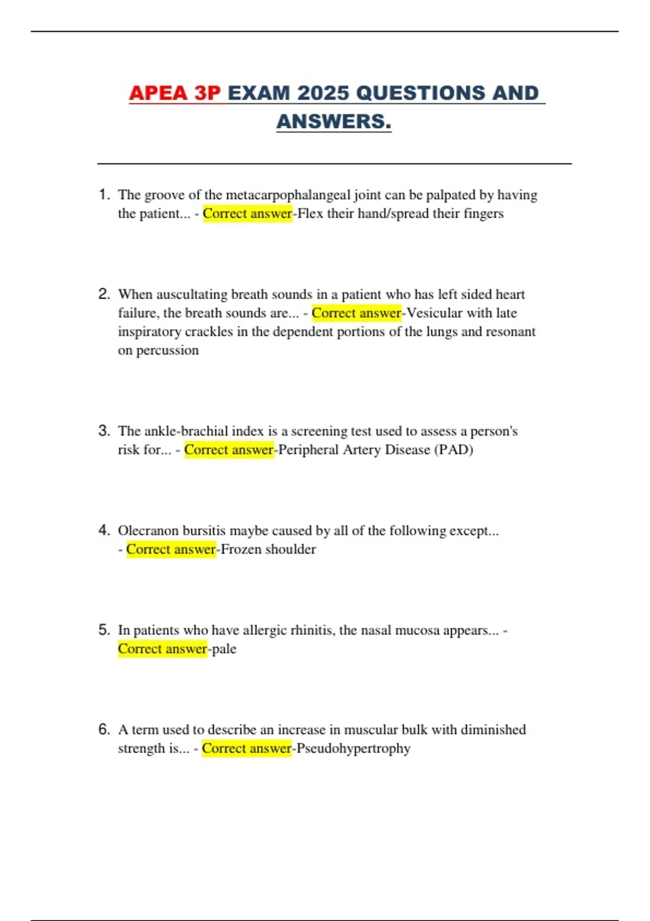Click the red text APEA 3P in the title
click(x=175, y=93)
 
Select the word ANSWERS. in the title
click(x=334, y=122)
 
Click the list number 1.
click(x=104, y=194)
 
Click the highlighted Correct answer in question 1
click(x=248, y=213)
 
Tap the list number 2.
click(x=104, y=294)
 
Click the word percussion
click(x=167, y=351)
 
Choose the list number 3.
click(x=104, y=431)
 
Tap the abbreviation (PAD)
click(x=453, y=450)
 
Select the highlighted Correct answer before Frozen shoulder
click(x=171, y=549)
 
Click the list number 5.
click(x=104, y=630)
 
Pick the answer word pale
click(x=224, y=649)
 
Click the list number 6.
click(x=104, y=729)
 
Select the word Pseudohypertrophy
click(x=353, y=749)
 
